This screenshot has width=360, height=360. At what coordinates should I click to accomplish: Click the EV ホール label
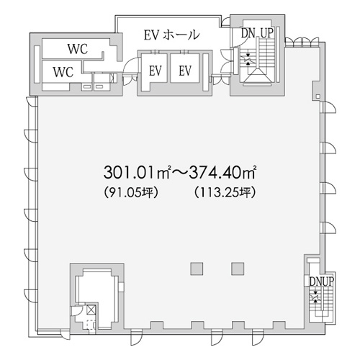(x=171, y=35)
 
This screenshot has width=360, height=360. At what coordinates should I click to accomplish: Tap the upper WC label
(x=78, y=49)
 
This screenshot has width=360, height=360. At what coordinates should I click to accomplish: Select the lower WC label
(x=63, y=72)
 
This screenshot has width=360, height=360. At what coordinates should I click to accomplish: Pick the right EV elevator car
(x=185, y=68)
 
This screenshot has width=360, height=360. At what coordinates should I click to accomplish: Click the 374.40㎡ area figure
(x=222, y=172)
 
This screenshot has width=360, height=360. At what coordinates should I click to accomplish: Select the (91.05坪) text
(x=131, y=192)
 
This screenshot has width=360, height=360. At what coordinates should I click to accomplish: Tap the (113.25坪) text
(x=225, y=192)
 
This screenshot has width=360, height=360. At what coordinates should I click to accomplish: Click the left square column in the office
(x=197, y=269)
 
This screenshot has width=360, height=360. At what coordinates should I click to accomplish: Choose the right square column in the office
(x=238, y=269)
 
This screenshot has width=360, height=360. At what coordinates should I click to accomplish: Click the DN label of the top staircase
(x=248, y=33)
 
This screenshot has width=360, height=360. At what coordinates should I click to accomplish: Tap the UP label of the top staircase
(x=267, y=33)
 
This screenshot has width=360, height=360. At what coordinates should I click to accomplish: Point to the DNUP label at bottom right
(x=322, y=282)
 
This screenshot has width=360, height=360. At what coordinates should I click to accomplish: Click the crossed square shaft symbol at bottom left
(x=91, y=310)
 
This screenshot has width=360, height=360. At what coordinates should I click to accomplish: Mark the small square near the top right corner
(x=318, y=96)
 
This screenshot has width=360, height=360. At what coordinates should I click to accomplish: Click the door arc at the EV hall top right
(x=225, y=22)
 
